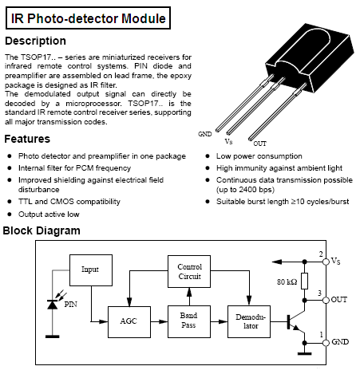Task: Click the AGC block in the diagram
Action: click(129, 322)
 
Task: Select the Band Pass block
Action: click(189, 321)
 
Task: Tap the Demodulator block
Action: click(249, 321)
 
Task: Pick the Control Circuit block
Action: click(189, 271)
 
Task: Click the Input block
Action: click(91, 270)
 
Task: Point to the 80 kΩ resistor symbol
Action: click(305, 281)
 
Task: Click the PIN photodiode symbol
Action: click(53, 305)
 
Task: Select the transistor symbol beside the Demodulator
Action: click(296, 321)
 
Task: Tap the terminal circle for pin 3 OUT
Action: click(326, 301)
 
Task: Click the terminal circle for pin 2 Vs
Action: click(326, 262)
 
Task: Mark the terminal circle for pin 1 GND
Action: click(326, 343)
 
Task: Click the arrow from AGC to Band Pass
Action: click(159, 322)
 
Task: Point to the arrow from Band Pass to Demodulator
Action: click(219, 322)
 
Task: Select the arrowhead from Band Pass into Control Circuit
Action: click(189, 292)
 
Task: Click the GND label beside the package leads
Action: click(205, 134)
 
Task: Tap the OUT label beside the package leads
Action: click(259, 144)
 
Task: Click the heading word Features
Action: click(27, 139)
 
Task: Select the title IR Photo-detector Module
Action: click(89, 18)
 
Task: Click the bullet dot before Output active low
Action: click(10, 214)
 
